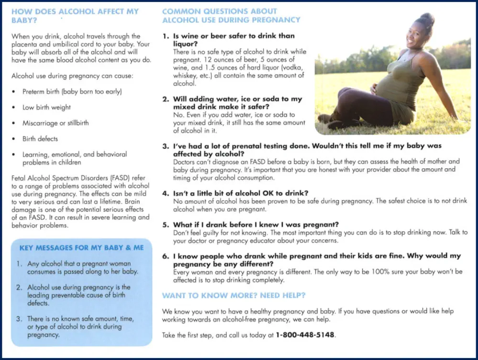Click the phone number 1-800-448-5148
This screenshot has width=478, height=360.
coord(305,335)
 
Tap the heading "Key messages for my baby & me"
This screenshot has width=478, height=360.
coord(81,248)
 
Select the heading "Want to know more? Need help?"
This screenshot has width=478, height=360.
coord(233,295)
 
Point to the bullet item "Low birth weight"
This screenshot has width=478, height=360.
coord(46,108)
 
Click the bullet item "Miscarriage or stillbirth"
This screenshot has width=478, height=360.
coord(56,123)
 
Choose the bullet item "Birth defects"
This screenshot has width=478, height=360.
coord(40,139)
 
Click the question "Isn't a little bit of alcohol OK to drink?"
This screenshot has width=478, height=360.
coord(240,193)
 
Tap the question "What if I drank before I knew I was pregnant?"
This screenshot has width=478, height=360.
coord(256,225)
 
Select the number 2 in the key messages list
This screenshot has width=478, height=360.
coord(19,287)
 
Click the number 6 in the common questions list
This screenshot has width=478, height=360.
coord(165,256)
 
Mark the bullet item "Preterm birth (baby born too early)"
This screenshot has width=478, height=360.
coord(72,92)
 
